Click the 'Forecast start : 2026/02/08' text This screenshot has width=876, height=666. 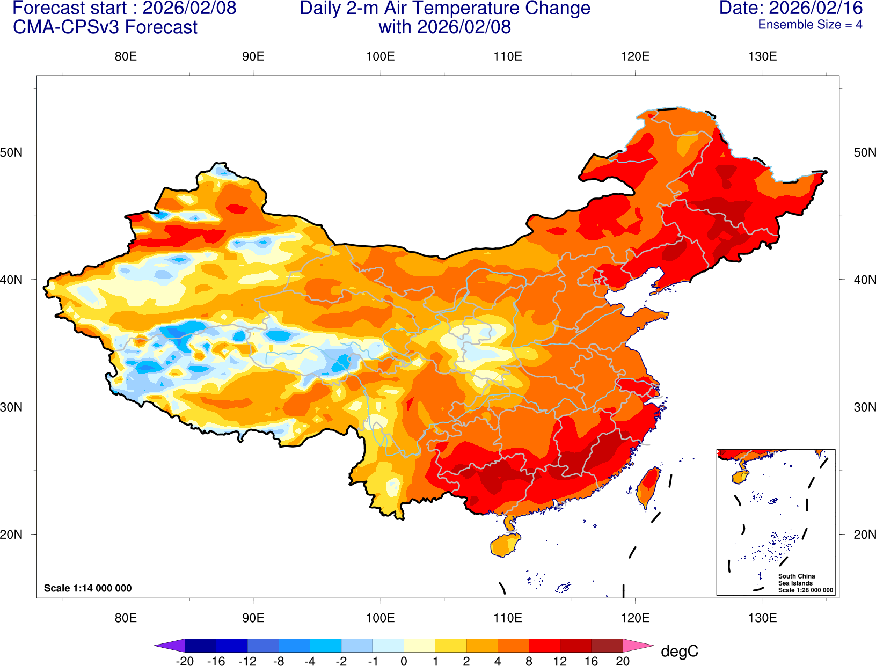[124, 9]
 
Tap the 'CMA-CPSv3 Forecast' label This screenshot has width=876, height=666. [105, 27]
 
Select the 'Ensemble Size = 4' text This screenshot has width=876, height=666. [809, 25]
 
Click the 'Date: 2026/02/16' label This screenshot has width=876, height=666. [791, 9]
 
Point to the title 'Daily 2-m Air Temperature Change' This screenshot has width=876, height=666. [445, 9]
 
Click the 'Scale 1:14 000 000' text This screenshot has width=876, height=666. [87, 588]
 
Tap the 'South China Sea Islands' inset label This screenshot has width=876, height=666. [796, 580]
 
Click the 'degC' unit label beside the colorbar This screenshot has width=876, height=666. [679, 652]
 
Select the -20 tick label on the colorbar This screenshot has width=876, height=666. [185, 661]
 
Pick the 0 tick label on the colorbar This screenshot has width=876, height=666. [404, 661]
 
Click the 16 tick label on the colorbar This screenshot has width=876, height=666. [591, 661]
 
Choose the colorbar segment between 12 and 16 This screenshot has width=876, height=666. [575, 646]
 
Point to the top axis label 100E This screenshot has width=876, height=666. [380, 56]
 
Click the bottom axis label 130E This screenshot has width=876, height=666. [762, 618]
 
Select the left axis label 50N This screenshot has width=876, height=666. [12, 152]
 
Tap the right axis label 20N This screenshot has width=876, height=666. [864, 535]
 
